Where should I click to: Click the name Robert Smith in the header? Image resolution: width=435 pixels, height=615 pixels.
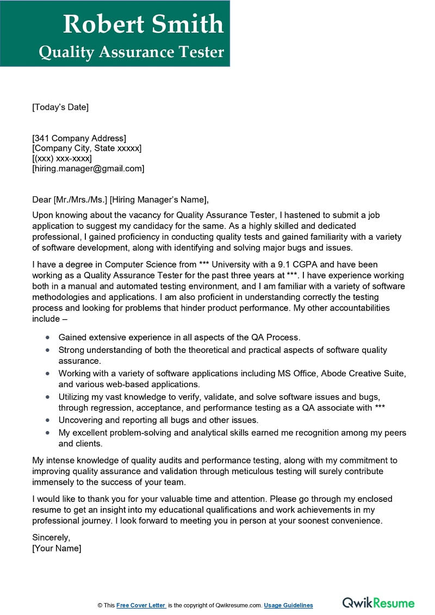(x=143, y=24)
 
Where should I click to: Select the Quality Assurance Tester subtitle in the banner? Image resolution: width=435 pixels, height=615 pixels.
(x=131, y=52)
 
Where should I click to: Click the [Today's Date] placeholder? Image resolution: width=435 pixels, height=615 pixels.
(x=60, y=107)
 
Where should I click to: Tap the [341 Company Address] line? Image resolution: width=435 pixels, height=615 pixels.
(x=79, y=138)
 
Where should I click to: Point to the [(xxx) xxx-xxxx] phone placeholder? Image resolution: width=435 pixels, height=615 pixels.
(x=62, y=158)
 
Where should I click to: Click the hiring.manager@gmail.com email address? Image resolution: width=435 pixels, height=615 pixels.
(x=89, y=169)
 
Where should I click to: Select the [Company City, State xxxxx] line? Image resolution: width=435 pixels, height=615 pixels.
(x=87, y=148)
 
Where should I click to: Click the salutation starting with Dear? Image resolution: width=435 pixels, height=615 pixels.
(x=120, y=200)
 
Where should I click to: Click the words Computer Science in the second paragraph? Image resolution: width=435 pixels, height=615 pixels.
(x=139, y=265)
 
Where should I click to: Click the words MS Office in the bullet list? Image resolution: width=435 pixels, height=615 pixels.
(x=295, y=374)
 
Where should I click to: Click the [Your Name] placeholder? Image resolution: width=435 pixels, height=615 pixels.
(x=57, y=548)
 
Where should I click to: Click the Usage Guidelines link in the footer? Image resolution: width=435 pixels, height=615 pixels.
(x=289, y=605)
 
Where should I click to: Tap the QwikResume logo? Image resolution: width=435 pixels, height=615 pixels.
(x=378, y=603)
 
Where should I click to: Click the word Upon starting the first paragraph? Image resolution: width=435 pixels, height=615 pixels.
(x=42, y=215)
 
